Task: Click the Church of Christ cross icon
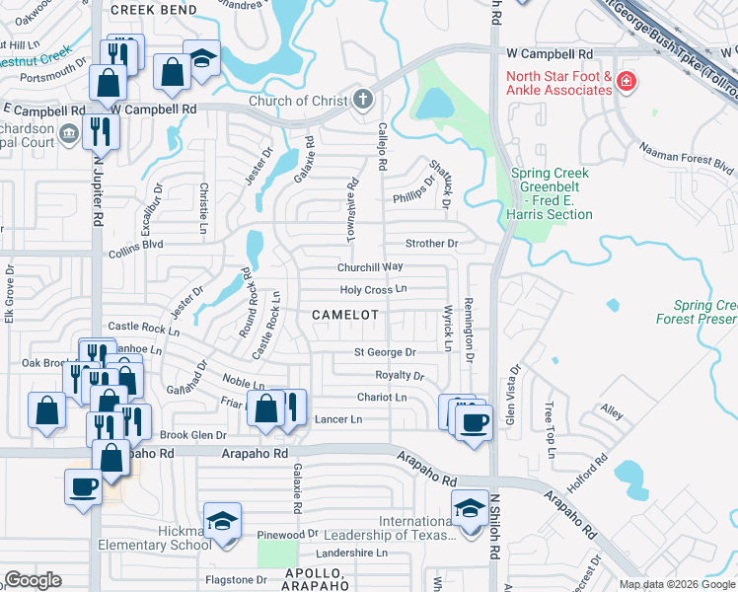(x=363, y=100)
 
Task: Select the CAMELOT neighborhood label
(x=345, y=314)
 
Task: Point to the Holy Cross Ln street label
(x=373, y=290)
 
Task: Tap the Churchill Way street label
(x=371, y=266)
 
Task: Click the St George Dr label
(x=386, y=351)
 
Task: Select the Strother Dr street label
(x=432, y=243)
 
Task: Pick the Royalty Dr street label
(x=399, y=375)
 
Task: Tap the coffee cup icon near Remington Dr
(x=475, y=422)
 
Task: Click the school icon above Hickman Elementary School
(x=222, y=522)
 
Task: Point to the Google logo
(x=34, y=580)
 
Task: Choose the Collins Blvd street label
(x=137, y=245)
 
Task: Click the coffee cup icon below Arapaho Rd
(x=83, y=486)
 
